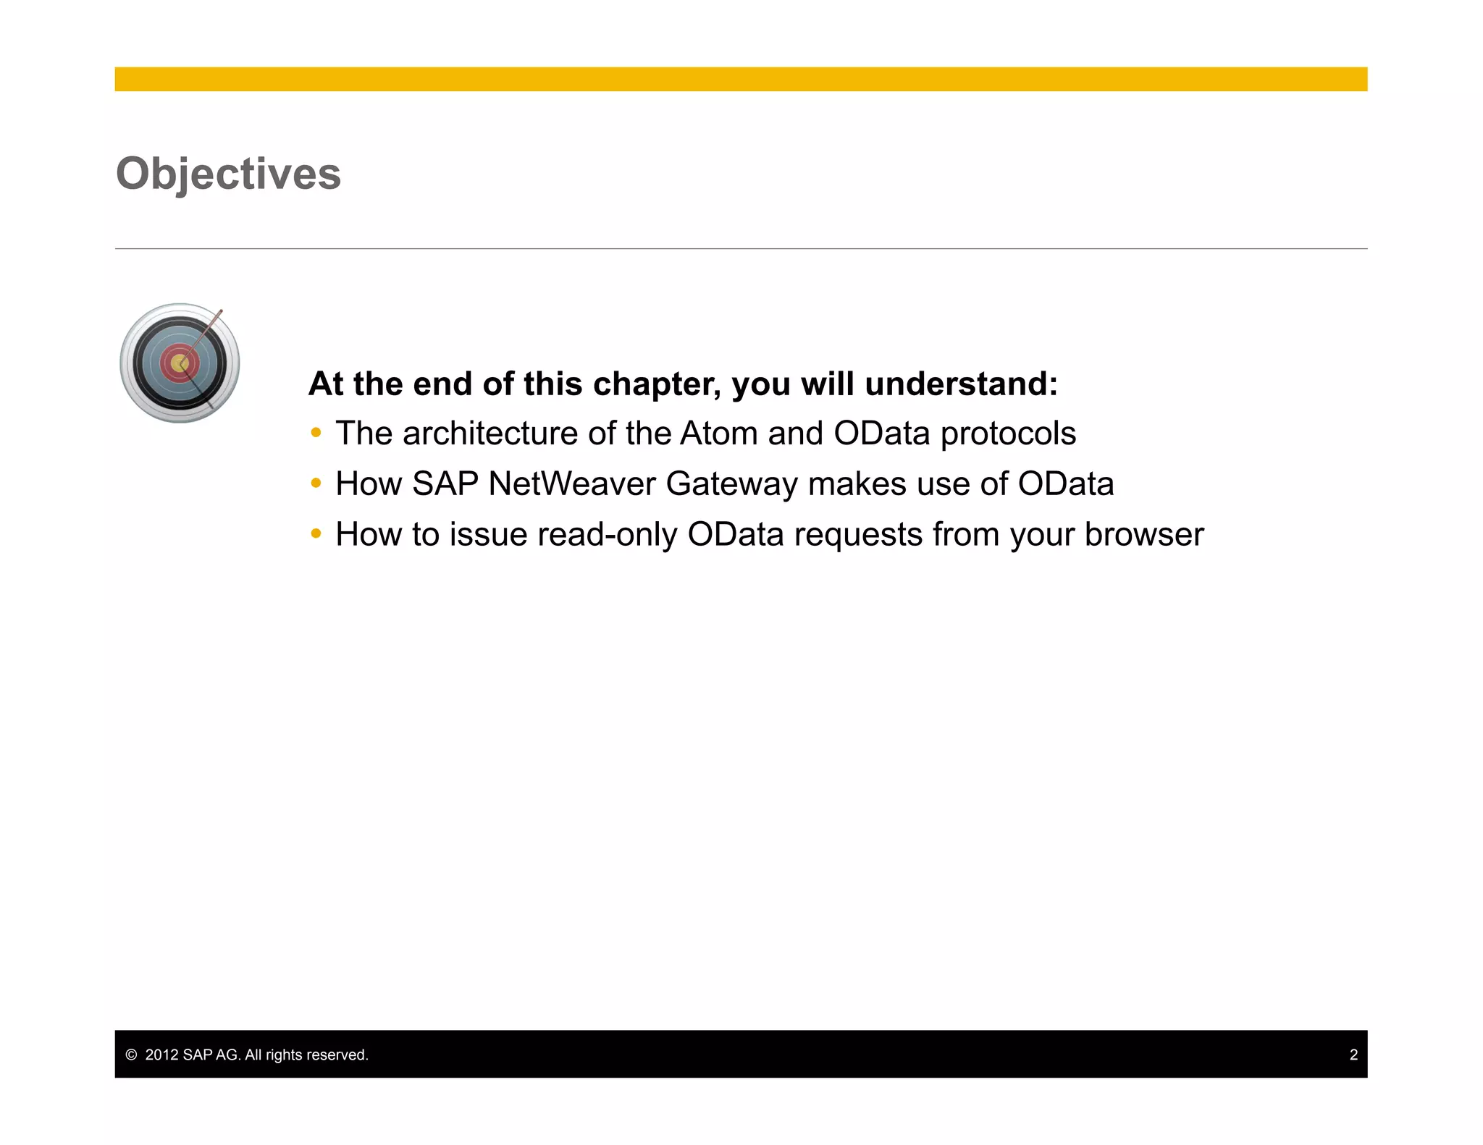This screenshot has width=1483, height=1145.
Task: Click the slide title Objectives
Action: [x=228, y=174]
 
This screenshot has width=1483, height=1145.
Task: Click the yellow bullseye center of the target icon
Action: [x=180, y=363]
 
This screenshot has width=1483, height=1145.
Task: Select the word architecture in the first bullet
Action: [x=490, y=434]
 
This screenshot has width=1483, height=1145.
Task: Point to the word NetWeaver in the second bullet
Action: [x=571, y=484]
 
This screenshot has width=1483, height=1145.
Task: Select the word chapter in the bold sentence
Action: [x=656, y=384]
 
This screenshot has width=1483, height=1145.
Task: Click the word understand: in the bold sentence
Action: [x=961, y=384]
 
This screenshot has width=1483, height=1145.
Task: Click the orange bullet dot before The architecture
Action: [x=316, y=434]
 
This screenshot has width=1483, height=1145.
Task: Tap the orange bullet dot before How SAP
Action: [x=316, y=483]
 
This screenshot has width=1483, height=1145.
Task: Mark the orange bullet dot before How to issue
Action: [x=316, y=534]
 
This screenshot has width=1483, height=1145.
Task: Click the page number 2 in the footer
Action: [x=1353, y=1055]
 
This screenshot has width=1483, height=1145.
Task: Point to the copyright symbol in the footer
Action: [x=131, y=1055]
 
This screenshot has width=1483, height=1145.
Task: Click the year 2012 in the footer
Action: [x=161, y=1055]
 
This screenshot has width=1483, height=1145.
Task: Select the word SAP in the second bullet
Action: [x=445, y=484]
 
